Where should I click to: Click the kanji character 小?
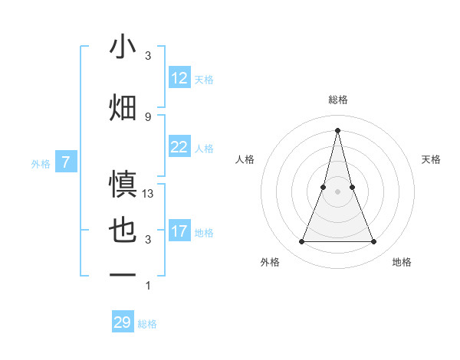pyautogui.click(x=123, y=47)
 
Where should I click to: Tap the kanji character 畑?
pyautogui.click(x=123, y=107)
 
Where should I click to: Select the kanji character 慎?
pyautogui.click(x=123, y=184)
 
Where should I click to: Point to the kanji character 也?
pyautogui.click(x=123, y=230)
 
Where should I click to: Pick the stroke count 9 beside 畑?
pyautogui.click(x=148, y=116)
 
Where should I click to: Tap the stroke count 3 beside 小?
pyautogui.click(x=148, y=57)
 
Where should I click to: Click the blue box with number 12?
pyautogui.click(x=179, y=78)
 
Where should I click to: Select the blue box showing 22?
pyautogui.click(x=179, y=147)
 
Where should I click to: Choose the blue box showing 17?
pyautogui.click(x=179, y=231)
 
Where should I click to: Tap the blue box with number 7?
pyautogui.click(x=66, y=162)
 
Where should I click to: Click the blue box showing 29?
pyautogui.click(x=123, y=322)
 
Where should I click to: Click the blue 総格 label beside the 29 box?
pyautogui.click(x=148, y=324)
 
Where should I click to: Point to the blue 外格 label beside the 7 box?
pyautogui.click(x=41, y=163)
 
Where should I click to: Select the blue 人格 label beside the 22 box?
pyautogui.click(x=204, y=149)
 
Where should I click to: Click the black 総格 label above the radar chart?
pyautogui.click(x=338, y=100)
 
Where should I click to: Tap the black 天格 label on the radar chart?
pyautogui.click(x=432, y=159)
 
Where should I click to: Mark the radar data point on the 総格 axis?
pyautogui.click(x=337, y=129)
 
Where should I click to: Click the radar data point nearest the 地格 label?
pyautogui.click(x=373, y=242)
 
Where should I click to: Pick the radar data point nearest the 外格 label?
pyautogui.click(x=302, y=242)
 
